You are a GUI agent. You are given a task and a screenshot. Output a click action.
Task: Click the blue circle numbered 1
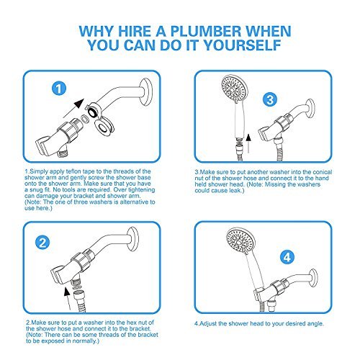point(59,89)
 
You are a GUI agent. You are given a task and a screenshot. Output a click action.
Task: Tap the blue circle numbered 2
point(42,243)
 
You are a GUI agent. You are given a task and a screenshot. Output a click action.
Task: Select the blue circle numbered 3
point(270,99)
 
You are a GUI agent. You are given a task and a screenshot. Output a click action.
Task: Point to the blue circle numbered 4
point(287,257)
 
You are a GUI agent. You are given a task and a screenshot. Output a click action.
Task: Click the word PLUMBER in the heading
point(205,32)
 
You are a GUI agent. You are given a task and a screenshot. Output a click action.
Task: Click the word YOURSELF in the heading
point(243,45)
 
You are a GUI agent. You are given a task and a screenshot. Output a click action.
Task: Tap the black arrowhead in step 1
point(79,104)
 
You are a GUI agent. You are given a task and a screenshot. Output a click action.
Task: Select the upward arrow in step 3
point(248,143)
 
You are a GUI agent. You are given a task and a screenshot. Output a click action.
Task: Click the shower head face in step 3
point(233,89)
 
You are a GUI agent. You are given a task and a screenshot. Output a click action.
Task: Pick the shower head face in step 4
point(239,240)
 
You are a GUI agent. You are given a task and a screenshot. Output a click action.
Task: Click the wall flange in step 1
point(146,92)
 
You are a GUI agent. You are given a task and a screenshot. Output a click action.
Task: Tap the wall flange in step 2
point(133,239)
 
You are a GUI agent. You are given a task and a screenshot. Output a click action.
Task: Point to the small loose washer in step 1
point(84,118)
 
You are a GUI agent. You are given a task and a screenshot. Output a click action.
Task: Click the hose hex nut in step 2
point(78,295)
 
